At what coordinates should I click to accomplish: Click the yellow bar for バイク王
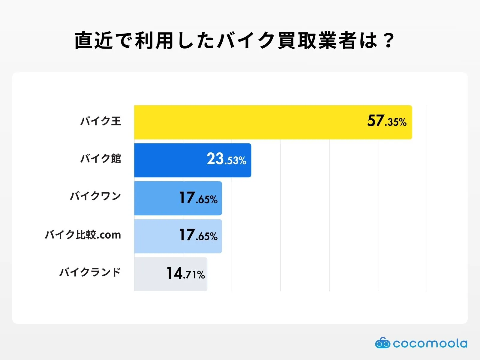coord(249,122)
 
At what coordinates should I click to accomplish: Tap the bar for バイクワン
coord(156,198)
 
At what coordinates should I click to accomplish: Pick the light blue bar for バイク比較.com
coord(156,236)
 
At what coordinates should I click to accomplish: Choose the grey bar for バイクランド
coord(150,274)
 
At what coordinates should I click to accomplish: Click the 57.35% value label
coord(387,121)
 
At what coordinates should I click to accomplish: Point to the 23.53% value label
coord(226,159)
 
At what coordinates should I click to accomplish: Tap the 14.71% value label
coord(186,274)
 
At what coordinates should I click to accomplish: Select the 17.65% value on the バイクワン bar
coord(198,198)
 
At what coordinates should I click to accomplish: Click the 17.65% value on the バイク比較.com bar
coord(198,235)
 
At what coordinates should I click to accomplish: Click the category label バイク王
coord(100,121)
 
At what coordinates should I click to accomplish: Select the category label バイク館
coord(100,158)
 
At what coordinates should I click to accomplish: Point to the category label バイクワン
coord(95,196)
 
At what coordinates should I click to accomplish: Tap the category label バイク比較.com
coord(83,235)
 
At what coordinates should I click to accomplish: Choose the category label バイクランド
coord(90,272)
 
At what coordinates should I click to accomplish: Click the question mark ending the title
coord(389,41)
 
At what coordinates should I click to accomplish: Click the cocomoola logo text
coord(430,343)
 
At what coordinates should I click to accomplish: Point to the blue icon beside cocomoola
coord(382,343)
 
